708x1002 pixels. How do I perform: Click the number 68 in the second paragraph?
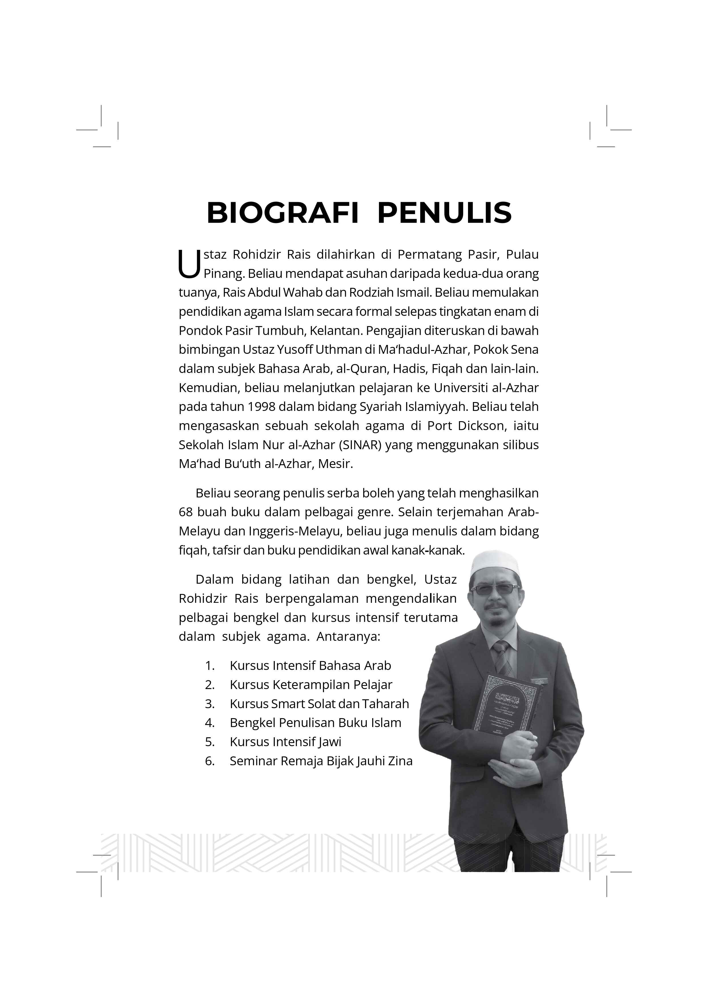click(x=185, y=512)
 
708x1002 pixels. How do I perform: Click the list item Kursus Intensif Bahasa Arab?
click(x=310, y=666)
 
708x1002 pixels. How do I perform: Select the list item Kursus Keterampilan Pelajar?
click(x=310, y=685)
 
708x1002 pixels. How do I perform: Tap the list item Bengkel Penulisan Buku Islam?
click(x=315, y=723)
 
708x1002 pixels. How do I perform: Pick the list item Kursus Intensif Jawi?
click(x=285, y=742)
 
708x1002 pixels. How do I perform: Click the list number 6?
click(x=209, y=761)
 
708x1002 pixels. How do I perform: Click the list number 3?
click(x=209, y=704)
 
